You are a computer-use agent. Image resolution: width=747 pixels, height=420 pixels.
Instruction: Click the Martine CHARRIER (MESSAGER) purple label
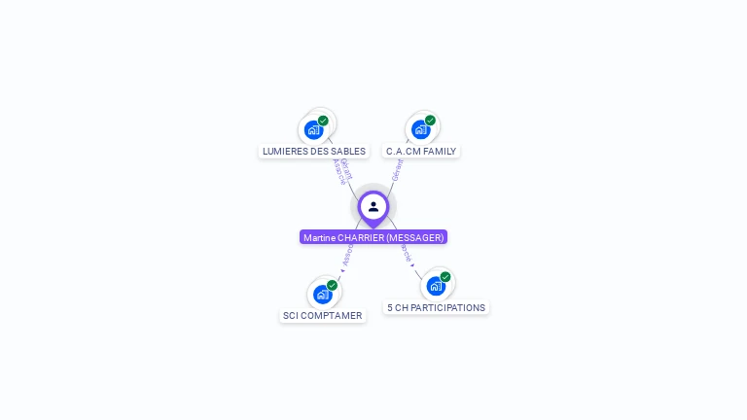pos(373,237)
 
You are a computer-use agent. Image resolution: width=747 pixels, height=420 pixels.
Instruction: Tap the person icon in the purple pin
pos(373,206)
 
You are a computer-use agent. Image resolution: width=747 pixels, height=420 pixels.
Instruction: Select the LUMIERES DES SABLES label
pos(314,151)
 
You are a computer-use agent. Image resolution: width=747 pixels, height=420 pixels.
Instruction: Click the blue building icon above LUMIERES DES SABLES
pos(313,129)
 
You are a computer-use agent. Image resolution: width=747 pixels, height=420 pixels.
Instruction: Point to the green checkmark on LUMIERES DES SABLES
pos(323,121)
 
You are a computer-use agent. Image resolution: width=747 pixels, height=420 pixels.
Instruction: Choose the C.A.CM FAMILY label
pos(421,151)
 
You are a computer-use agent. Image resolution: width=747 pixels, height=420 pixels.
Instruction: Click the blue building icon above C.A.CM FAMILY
pos(420,129)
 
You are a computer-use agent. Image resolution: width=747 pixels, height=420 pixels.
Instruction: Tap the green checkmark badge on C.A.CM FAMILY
pos(430,121)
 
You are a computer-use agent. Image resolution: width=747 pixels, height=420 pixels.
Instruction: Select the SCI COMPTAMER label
pos(323,315)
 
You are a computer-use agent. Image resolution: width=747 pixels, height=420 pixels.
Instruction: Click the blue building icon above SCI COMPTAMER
pos(322,294)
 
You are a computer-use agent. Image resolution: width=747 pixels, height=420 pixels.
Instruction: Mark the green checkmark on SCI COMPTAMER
pos(332,285)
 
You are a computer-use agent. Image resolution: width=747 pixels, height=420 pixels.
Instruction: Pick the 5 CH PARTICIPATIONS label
pos(436,307)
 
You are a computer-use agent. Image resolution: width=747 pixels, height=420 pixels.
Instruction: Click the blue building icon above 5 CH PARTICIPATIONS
pos(436,286)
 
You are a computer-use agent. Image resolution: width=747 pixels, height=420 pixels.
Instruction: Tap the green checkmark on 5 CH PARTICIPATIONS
pos(445,277)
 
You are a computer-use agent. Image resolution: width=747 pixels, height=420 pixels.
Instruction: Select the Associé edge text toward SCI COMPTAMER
pos(347,257)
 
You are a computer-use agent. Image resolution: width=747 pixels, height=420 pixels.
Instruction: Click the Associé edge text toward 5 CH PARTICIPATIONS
pos(404,253)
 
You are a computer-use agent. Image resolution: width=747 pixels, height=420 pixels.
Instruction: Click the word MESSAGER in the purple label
pos(415,237)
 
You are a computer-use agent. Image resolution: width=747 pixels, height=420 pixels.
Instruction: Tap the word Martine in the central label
pos(318,237)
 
